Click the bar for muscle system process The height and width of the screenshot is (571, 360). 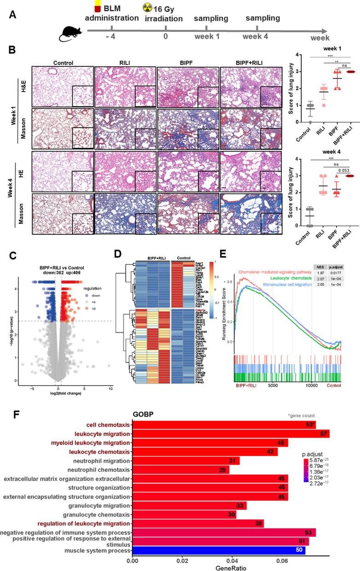pyautogui.click(x=219, y=550)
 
